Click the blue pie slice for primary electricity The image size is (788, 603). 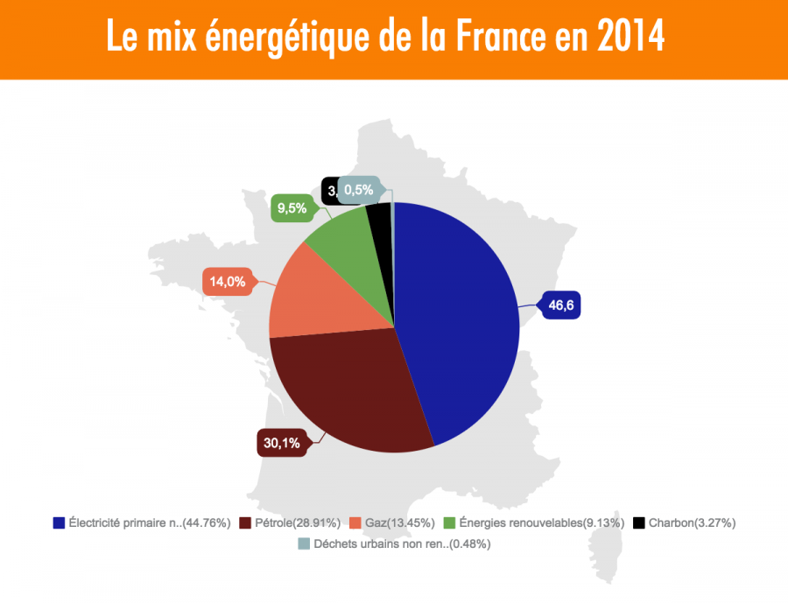[x=455, y=324]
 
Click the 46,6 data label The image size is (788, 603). [x=560, y=305]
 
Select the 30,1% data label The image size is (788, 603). [x=281, y=443]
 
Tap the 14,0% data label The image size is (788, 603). [x=227, y=282]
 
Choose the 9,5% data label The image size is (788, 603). [x=292, y=208]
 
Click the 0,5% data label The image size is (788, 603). [x=359, y=189]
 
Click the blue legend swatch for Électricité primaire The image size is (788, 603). [x=59, y=523]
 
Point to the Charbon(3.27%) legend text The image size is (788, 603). [x=692, y=523]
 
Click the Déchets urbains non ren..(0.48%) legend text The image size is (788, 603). [x=402, y=543]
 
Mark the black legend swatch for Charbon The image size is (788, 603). [x=639, y=523]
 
